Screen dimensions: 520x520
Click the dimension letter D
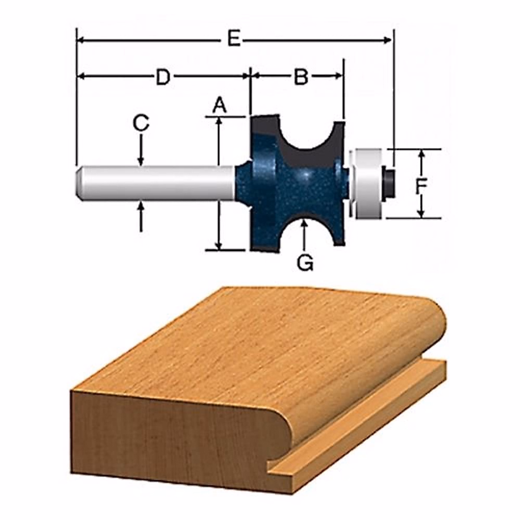163,77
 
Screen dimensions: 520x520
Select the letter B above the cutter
301,77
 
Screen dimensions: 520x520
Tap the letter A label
219,105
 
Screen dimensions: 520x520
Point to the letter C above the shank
141,123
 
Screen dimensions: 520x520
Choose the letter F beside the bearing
420,187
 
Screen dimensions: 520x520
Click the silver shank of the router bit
156,183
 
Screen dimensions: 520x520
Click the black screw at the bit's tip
389,182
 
